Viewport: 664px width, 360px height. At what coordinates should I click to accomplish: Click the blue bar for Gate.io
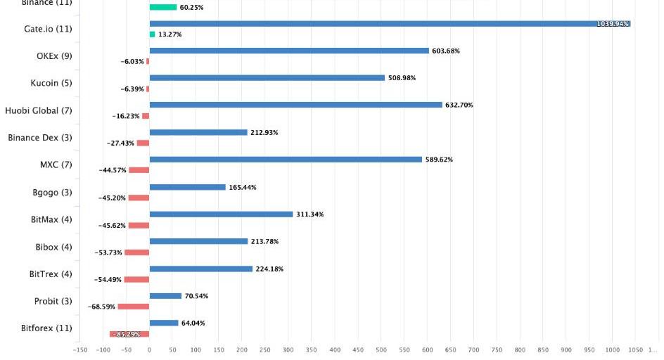click(x=390, y=23)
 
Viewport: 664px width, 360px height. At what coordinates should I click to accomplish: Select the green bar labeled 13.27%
click(x=152, y=34)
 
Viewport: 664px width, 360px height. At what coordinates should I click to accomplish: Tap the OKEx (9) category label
click(x=54, y=56)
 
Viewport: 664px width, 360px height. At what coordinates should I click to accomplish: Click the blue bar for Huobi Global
click(x=295, y=105)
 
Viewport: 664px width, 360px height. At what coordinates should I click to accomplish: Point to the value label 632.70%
click(x=459, y=105)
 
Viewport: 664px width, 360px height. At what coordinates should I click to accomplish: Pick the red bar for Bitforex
click(x=129, y=334)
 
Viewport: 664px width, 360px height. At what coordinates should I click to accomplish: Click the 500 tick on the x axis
click(x=381, y=349)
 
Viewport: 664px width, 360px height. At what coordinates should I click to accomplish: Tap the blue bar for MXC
click(x=286, y=160)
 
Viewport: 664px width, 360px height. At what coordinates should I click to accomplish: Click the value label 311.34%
click(x=309, y=214)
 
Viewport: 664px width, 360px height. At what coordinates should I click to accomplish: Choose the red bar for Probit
click(x=133, y=307)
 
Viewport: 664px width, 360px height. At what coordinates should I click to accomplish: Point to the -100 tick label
click(x=103, y=349)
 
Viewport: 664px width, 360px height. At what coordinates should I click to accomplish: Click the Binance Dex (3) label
click(x=40, y=138)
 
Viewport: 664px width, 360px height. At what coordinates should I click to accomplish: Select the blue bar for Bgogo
click(x=187, y=187)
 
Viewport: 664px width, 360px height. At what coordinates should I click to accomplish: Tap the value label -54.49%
click(x=108, y=279)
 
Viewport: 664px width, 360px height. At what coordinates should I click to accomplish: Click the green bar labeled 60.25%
click(x=163, y=7)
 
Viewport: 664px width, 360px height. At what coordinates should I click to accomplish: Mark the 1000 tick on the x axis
click(x=612, y=349)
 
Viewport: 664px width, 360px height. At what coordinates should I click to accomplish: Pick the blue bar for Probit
click(x=165, y=296)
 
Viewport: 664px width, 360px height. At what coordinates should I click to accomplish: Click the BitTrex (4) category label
click(x=51, y=274)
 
